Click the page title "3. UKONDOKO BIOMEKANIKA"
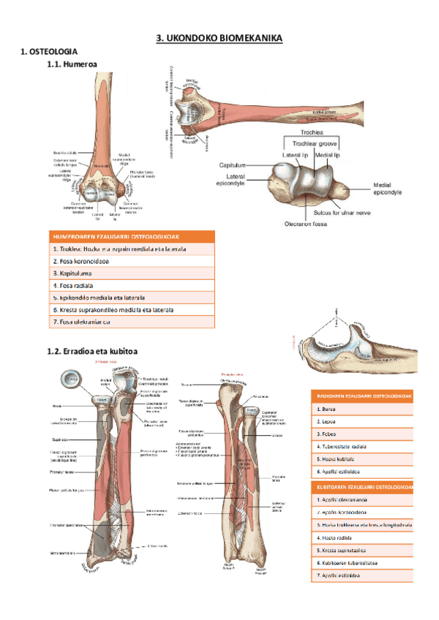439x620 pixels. pyautogui.click(x=219, y=38)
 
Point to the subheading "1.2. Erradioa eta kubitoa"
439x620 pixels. pyautogui.click(x=92, y=352)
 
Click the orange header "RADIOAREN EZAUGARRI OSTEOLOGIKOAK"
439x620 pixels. pyautogui.click(x=362, y=396)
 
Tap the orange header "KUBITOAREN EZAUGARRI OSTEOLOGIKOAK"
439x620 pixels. pyautogui.click(x=362, y=486)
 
